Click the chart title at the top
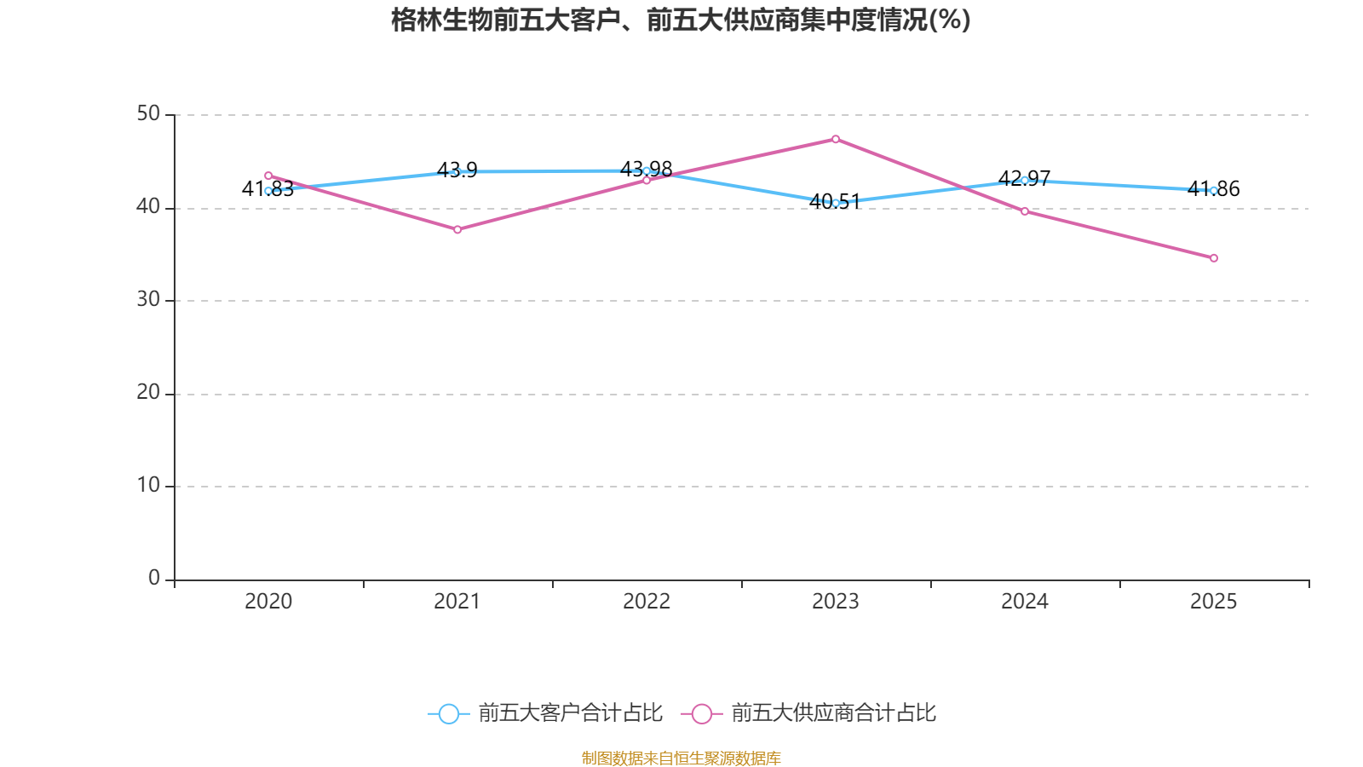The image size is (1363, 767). click(x=681, y=20)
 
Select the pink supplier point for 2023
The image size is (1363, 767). click(x=836, y=140)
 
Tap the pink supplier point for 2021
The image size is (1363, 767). click(x=457, y=230)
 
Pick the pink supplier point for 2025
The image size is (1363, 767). click(x=1214, y=259)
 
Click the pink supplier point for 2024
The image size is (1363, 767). click(x=1025, y=212)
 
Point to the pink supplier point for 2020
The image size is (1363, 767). click(x=268, y=176)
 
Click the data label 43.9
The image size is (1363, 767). click(x=457, y=170)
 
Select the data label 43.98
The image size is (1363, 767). click(x=647, y=170)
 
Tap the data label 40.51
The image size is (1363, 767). click(x=835, y=201)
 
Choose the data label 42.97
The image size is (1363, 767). click(x=1025, y=178)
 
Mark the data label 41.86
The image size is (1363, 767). click(x=1213, y=188)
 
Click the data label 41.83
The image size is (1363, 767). click(x=267, y=188)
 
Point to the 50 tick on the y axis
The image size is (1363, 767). click(x=148, y=114)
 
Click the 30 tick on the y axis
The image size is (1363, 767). click(x=148, y=299)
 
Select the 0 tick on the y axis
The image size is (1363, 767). click(x=154, y=578)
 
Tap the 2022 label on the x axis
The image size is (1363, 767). click(x=647, y=602)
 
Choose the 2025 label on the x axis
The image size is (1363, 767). click(x=1213, y=602)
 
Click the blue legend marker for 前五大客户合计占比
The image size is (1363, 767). click(x=449, y=713)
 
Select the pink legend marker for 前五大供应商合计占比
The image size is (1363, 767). click(x=702, y=713)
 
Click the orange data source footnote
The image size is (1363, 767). click(x=681, y=758)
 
